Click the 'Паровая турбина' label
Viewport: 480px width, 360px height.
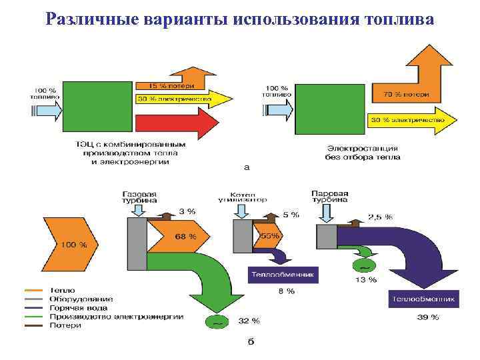pos(330,195)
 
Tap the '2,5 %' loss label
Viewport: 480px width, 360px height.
pos(380,217)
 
